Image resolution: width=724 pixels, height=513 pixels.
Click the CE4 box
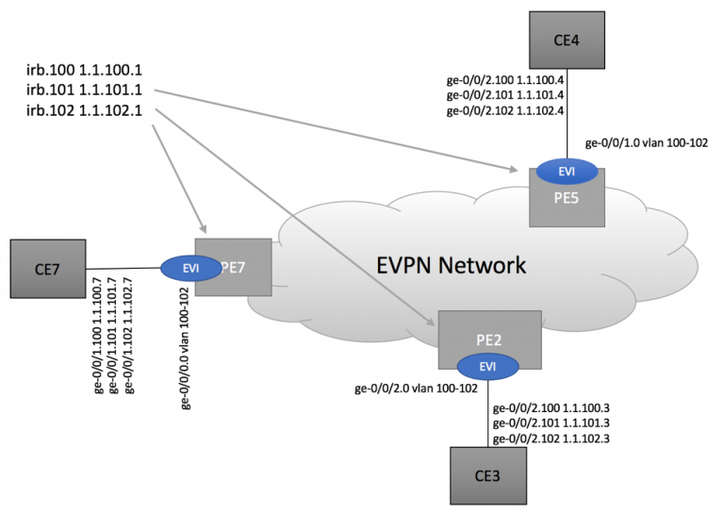point(567,39)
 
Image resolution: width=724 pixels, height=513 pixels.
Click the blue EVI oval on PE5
point(568,172)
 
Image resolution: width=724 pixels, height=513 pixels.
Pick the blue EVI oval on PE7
point(190,268)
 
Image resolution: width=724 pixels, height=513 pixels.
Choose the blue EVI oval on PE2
point(487,366)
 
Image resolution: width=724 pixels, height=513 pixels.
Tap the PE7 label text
point(235,268)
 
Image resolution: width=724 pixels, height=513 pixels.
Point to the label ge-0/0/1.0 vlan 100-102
point(646,144)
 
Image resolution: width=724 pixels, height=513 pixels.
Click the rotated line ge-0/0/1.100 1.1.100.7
point(98,335)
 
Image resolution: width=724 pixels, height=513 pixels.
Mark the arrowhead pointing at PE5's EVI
point(514,170)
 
